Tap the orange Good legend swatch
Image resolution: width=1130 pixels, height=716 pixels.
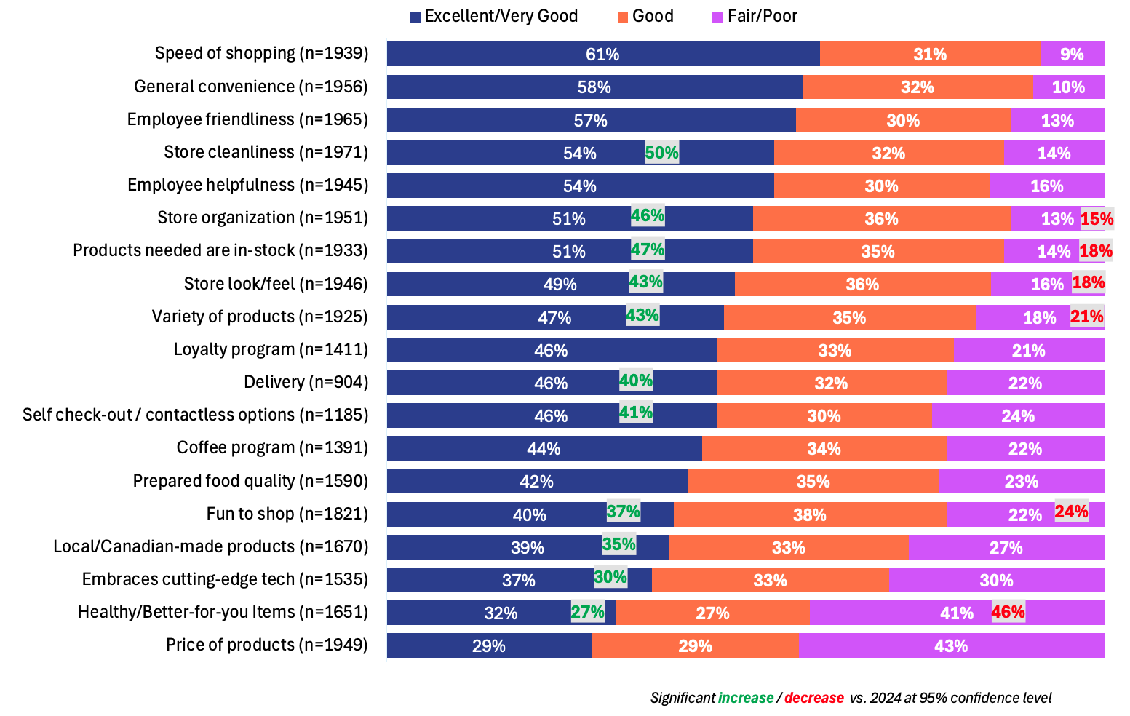coord(622,17)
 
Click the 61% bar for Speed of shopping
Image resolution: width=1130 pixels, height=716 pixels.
coord(602,54)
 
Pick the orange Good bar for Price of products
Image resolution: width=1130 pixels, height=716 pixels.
coord(695,645)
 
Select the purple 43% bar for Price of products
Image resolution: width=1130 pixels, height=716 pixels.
coord(950,645)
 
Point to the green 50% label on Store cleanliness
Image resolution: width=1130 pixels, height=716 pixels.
coord(661,153)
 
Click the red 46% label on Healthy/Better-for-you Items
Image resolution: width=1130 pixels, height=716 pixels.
coord(1008,612)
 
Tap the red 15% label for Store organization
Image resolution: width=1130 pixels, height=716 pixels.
coord(1097,218)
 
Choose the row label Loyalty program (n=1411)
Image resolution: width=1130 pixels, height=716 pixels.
coord(271,349)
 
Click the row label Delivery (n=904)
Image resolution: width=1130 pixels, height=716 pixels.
coord(306,382)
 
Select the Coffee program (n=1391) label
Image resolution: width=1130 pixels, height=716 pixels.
coord(272,447)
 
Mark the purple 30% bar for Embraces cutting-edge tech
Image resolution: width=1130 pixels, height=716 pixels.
coord(995,580)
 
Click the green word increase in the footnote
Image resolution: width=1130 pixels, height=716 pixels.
coord(746,698)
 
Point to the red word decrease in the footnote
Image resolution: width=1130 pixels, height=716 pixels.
coord(813,698)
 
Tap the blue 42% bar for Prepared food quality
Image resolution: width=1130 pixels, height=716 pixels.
coord(537,481)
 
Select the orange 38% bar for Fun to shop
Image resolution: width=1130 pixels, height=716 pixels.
coord(809,514)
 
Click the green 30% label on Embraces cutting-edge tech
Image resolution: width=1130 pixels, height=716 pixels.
coord(610,577)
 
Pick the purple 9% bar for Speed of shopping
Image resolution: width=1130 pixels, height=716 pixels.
coord(1071,54)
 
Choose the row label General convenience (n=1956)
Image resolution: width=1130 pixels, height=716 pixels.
coord(251,87)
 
